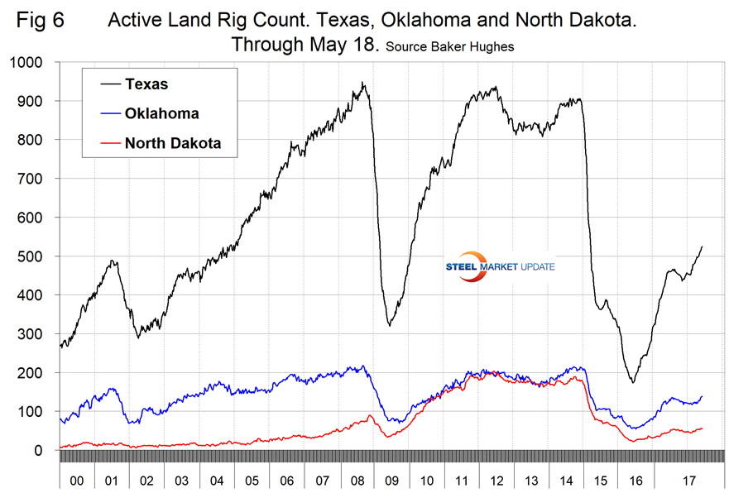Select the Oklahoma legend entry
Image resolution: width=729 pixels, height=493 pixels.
point(162,113)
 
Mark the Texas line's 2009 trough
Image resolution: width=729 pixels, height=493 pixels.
point(389,324)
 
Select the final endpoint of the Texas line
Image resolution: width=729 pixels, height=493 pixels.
point(703,246)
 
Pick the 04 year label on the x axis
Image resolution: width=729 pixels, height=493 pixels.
point(218,479)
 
